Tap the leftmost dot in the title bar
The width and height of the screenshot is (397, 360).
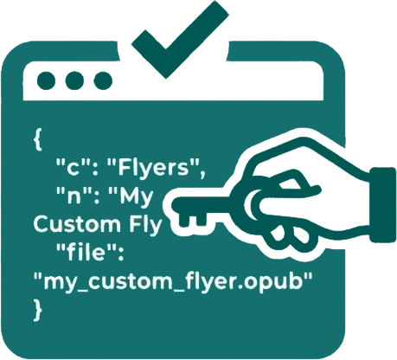(46, 80)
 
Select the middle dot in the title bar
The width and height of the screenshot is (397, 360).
(74, 80)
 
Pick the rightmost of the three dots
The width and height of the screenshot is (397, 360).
(103, 80)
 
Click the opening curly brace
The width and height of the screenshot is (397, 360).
(38, 140)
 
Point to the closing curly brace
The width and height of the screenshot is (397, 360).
(38, 310)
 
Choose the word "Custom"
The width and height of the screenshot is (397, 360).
(77, 224)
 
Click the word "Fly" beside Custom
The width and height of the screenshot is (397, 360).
(145, 225)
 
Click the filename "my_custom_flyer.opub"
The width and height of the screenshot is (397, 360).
(173, 280)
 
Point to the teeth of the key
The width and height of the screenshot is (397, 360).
(192, 220)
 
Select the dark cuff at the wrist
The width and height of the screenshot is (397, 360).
(383, 205)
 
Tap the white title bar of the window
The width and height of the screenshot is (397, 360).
(173, 87)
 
